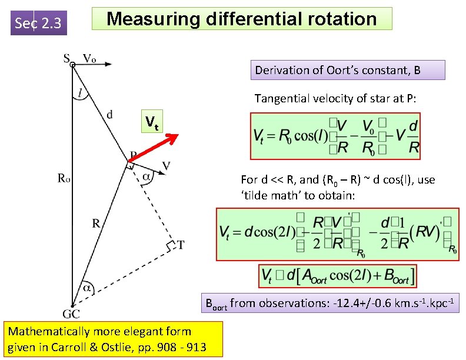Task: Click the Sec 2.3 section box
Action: tap(39, 24)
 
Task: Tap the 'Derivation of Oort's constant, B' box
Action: tap(347, 70)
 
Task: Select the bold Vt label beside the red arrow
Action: tap(152, 122)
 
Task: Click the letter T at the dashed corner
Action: tap(181, 244)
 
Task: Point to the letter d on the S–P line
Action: tap(110, 115)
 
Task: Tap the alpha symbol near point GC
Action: tap(87, 289)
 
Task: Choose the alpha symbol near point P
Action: tap(147, 175)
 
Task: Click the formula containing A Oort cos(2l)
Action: tap(338, 275)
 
